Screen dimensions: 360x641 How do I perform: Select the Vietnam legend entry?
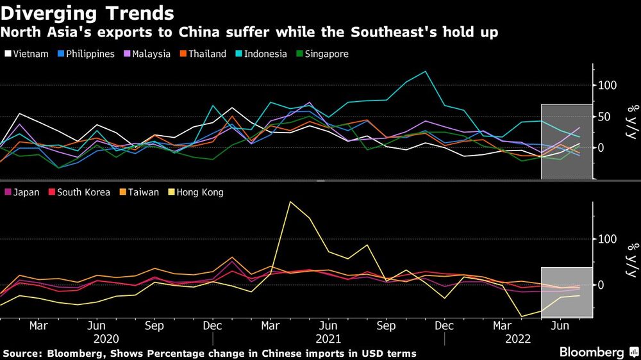[26, 54]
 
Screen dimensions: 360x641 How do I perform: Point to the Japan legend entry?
[26, 192]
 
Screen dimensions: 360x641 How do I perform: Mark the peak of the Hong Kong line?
[290, 202]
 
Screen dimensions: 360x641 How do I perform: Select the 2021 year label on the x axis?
[329, 338]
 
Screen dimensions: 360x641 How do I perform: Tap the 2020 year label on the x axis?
[106, 338]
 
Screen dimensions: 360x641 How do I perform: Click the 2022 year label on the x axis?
[519, 338]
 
